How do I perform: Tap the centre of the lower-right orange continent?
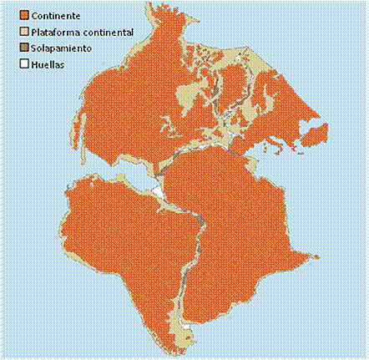point(242,234)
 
